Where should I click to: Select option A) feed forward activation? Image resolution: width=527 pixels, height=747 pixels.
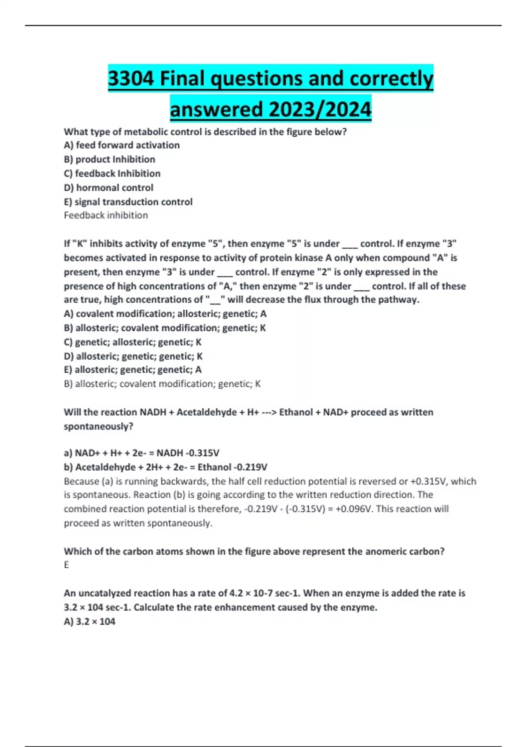pos(122,145)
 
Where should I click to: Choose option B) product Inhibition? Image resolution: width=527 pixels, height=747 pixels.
pos(109,159)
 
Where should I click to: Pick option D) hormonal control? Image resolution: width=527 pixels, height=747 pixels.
pos(108,188)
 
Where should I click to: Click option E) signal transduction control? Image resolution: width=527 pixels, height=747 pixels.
pos(128,202)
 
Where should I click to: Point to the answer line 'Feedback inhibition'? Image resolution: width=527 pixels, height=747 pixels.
pos(106,215)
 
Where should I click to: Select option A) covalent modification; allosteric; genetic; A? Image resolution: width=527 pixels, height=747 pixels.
pos(165,314)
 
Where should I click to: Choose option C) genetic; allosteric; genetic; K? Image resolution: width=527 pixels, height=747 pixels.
pos(133,342)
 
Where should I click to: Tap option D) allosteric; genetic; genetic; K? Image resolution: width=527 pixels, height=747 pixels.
pos(133,356)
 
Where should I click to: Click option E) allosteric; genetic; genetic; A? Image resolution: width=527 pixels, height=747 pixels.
pos(133,370)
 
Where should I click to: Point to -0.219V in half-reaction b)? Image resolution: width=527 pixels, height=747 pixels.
pos(251,467)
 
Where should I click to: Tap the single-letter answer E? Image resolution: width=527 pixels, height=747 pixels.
pos(66,565)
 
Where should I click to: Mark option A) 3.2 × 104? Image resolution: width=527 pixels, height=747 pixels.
pos(90,622)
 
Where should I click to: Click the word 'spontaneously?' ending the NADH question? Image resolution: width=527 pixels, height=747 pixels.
pos(98,426)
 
